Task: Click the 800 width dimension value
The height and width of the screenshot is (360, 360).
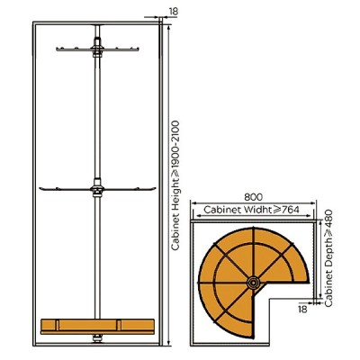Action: pos(253,197)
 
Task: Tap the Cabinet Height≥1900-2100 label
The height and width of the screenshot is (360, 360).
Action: pos(175,185)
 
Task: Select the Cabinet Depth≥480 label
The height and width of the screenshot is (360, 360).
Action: pos(328,258)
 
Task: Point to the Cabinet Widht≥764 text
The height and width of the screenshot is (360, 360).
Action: pos(251,210)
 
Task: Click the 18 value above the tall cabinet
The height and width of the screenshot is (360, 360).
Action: pos(174,12)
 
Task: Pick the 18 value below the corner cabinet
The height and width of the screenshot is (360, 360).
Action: pos(303,309)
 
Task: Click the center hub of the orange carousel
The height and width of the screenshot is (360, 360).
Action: pos(254,283)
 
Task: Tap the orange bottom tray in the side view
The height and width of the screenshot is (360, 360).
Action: pos(97,327)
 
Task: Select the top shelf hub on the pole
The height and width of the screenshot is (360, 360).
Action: pos(97,48)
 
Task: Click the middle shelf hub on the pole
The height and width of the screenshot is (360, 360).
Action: pos(97,188)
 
